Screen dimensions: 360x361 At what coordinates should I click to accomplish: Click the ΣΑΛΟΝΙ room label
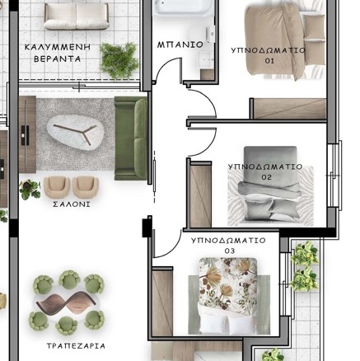[x=72, y=204]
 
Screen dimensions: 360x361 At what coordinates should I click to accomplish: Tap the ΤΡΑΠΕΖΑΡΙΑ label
[x=76, y=346]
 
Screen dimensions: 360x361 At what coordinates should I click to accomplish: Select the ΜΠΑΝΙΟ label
[x=180, y=45]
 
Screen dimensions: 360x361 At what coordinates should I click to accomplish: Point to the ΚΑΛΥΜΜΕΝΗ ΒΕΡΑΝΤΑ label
[x=58, y=53]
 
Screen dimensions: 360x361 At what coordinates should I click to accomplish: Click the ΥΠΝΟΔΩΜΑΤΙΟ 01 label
[x=269, y=55]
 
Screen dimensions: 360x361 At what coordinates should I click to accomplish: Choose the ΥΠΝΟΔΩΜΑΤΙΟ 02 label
[x=265, y=172]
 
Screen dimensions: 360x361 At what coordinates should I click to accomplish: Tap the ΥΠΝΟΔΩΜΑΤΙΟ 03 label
[x=228, y=246]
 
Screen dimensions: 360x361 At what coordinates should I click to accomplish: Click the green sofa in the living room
[x=131, y=138]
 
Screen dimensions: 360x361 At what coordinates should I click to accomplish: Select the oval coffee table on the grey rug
[x=75, y=133]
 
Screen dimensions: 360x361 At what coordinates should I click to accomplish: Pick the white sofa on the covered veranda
[x=77, y=16]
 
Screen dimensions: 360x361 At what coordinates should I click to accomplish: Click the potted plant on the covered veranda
[x=119, y=60]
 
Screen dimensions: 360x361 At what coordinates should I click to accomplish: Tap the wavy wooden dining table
[x=66, y=303]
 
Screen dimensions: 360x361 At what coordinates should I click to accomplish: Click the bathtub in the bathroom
[x=183, y=7]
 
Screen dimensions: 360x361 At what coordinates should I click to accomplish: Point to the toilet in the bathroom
[x=208, y=34]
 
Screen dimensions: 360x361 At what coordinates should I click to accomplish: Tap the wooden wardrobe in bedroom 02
[x=200, y=195]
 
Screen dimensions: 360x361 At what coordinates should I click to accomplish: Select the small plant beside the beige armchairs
[x=30, y=189]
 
